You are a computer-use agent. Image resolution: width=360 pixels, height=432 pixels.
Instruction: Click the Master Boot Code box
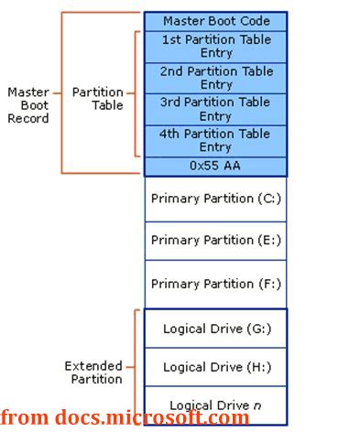pos(215,20)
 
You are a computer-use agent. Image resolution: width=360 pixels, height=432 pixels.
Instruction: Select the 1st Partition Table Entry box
pos(215,47)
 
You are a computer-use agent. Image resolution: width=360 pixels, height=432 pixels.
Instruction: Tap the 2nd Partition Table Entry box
pos(215,78)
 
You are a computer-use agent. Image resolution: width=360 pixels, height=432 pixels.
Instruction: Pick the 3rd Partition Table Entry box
pos(215,109)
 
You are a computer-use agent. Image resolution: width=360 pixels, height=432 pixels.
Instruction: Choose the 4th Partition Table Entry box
pos(215,141)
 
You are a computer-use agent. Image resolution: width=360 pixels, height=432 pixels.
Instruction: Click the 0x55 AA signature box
pos(215,166)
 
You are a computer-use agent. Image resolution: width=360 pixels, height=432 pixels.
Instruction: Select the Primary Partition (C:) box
pos(215,199)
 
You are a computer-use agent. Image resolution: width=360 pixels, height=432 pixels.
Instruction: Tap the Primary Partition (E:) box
pos(215,240)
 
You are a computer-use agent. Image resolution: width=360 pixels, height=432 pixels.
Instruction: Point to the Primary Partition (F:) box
pos(215,284)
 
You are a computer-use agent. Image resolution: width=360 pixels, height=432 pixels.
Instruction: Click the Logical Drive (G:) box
pos(215,329)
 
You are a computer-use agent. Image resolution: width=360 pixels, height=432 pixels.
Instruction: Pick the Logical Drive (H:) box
pos(215,367)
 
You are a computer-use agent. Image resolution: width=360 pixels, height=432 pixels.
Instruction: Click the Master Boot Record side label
pos(28,105)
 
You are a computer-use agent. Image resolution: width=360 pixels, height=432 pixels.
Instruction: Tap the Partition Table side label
pos(98,99)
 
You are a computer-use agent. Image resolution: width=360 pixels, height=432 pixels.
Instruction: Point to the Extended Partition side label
pos(93,373)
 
